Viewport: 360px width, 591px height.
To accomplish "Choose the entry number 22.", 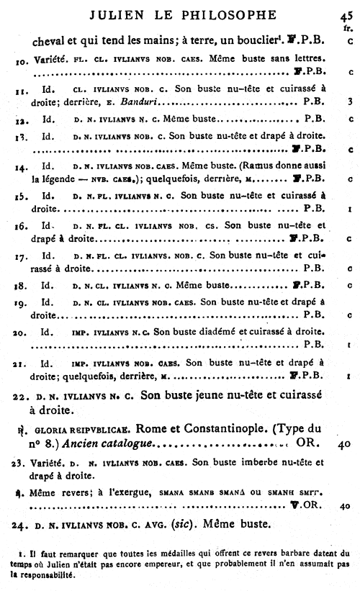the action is (x=19, y=396).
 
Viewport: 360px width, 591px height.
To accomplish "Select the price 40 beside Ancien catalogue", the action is (x=343, y=445).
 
